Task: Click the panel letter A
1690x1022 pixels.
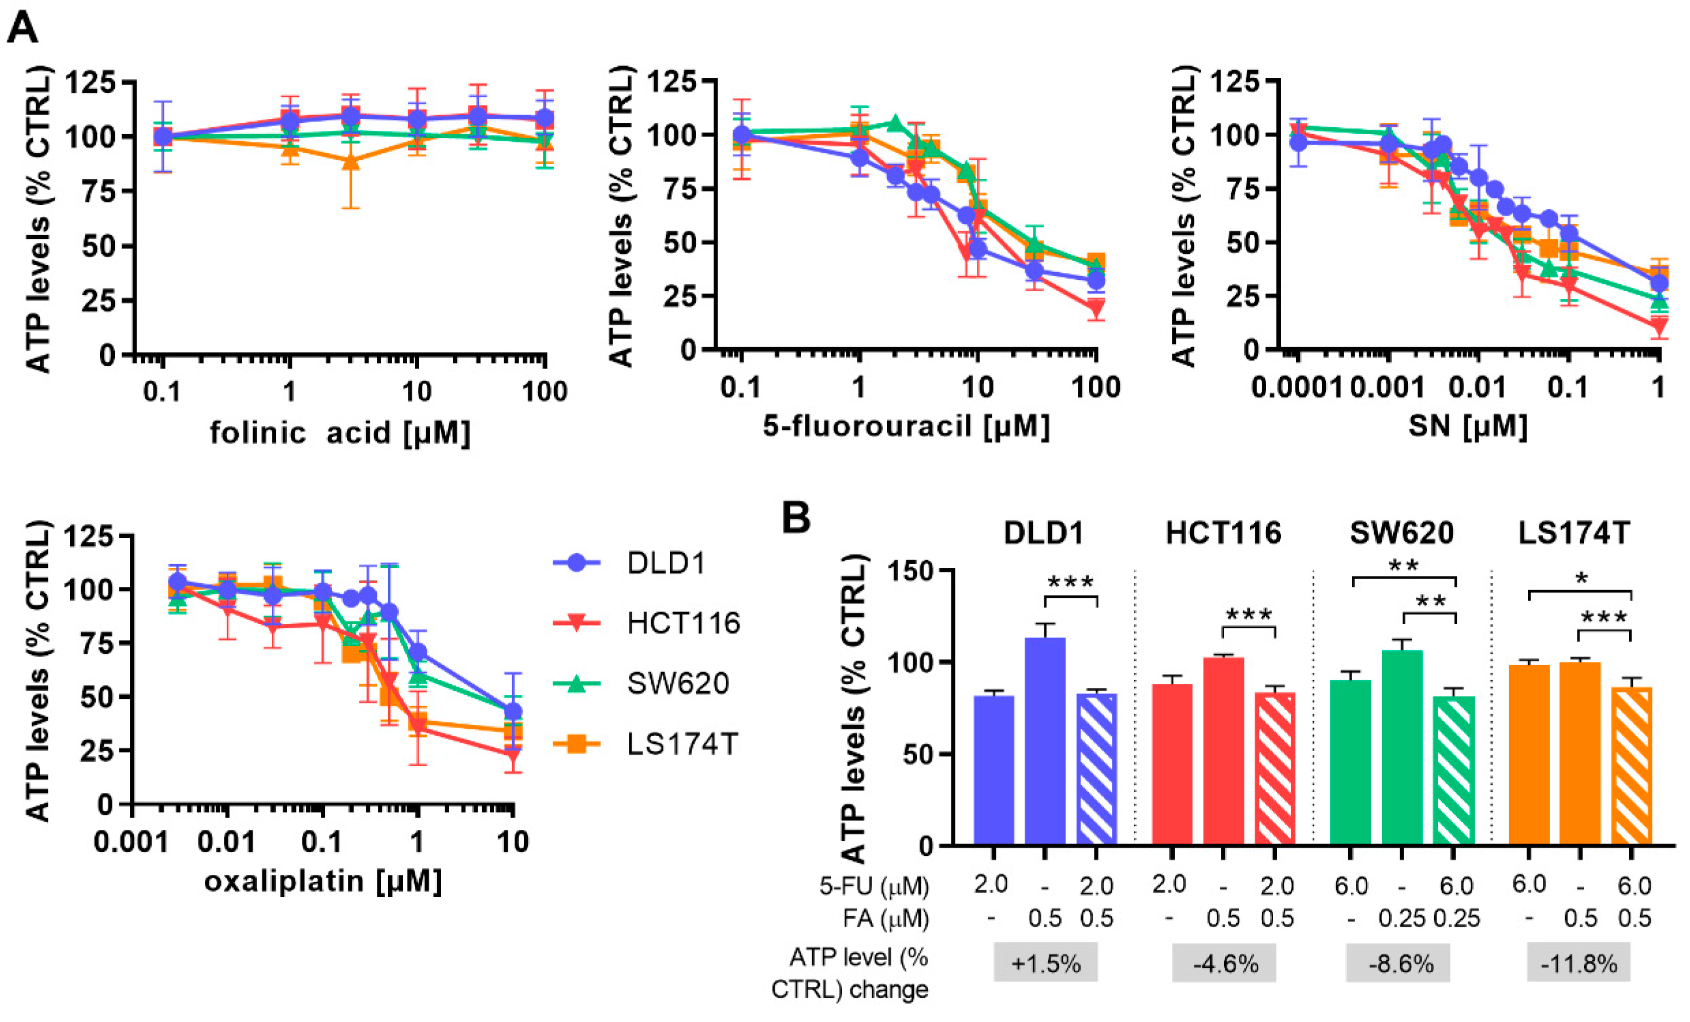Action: pos(22,29)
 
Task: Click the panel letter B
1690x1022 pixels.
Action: pos(797,517)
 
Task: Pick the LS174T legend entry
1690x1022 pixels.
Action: pos(681,744)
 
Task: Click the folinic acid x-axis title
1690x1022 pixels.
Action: pos(339,433)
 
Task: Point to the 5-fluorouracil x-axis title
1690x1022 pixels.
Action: pos(906,426)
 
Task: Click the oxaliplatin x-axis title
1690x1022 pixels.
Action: pos(322,880)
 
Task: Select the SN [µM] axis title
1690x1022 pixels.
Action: pos(1468,426)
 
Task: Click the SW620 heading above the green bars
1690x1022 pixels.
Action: pos(1401,533)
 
